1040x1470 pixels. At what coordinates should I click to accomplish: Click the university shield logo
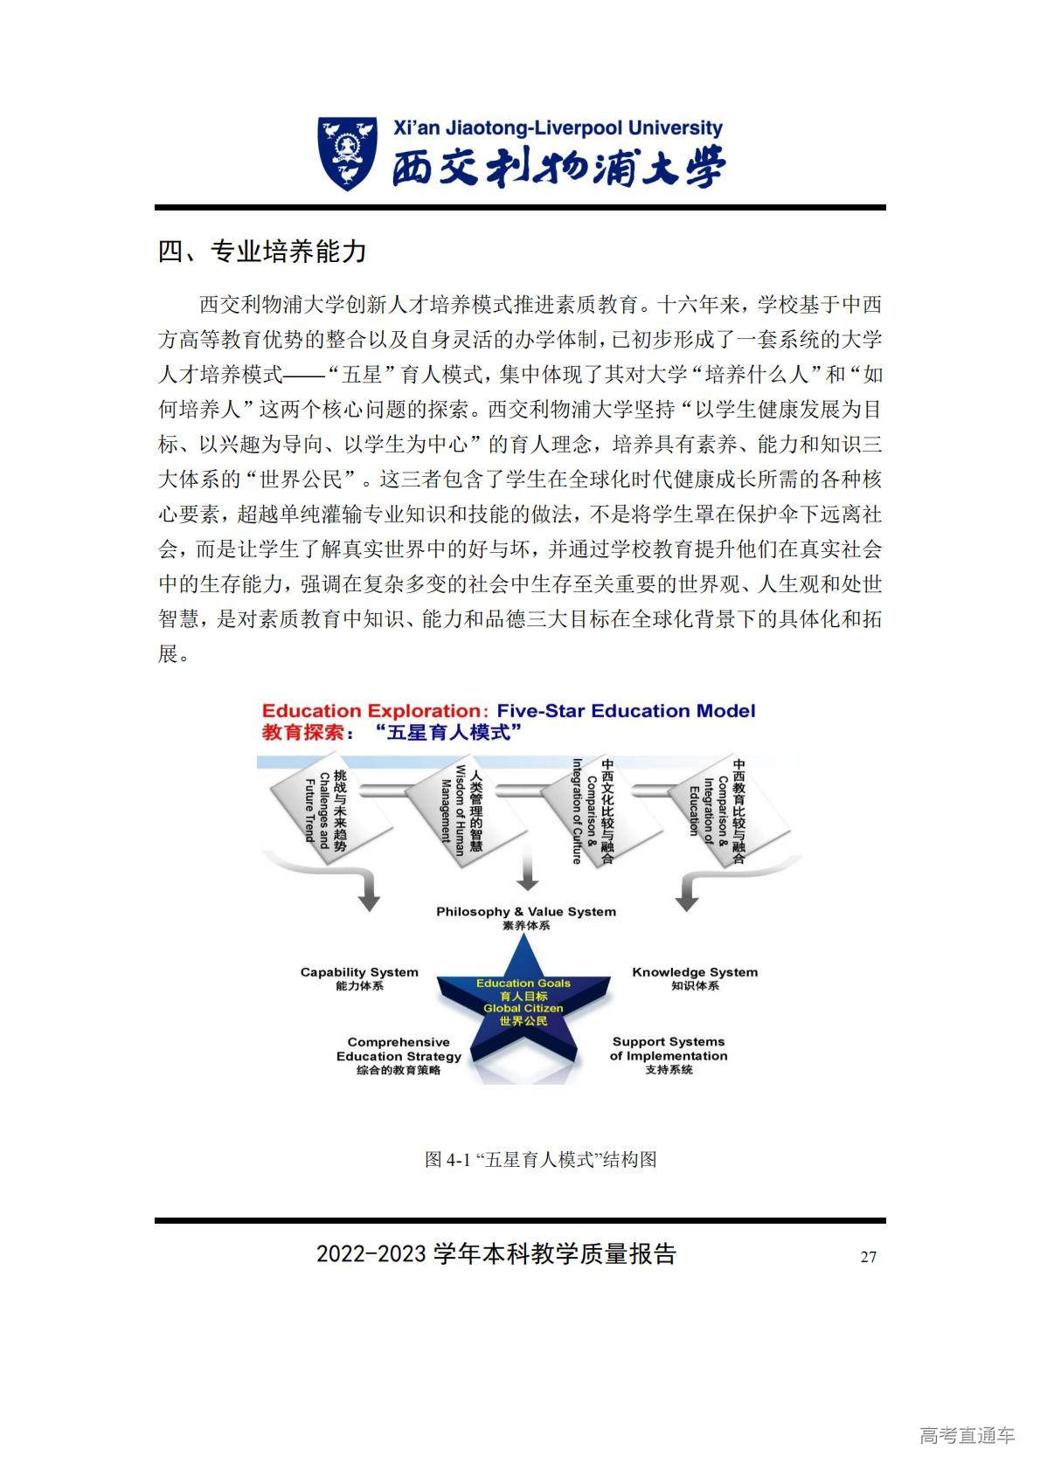(347, 154)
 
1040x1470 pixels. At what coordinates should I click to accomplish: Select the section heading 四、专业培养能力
(261, 252)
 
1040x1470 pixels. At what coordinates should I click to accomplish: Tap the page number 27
(868, 1257)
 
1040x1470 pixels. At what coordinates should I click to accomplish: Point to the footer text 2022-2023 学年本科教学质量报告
(496, 1254)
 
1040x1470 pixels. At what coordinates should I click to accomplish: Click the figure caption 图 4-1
(539, 1160)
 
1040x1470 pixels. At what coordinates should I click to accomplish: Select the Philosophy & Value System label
(525, 912)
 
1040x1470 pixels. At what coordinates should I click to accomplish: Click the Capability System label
(359, 972)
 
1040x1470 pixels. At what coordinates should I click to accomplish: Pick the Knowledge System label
(695, 972)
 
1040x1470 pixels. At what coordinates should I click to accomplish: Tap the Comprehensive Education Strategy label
(399, 1049)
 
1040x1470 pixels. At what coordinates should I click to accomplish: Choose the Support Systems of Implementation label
(669, 1049)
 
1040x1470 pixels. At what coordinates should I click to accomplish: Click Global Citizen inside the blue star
(523, 1008)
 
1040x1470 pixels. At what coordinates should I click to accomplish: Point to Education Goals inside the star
(523, 983)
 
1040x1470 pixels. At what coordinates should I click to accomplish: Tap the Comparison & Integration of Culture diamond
(593, 812)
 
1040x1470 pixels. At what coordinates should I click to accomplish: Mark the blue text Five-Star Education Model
(626, 711)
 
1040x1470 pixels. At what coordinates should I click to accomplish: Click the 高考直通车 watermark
(967, 1435)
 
